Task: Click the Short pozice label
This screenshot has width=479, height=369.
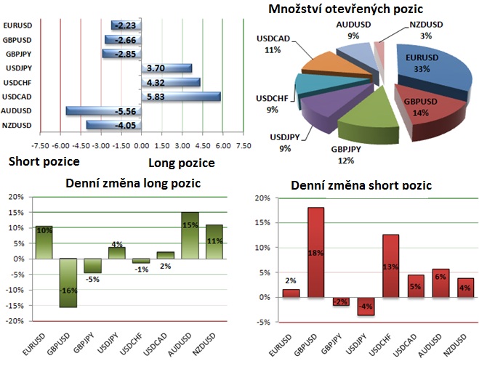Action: point(43,161)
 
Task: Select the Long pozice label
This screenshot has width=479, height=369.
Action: point(182,163)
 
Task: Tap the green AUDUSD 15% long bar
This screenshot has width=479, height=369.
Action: point(190,235)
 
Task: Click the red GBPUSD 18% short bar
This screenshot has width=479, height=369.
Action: point(316,252)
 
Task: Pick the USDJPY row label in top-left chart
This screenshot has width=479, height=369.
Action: point(18,68)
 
